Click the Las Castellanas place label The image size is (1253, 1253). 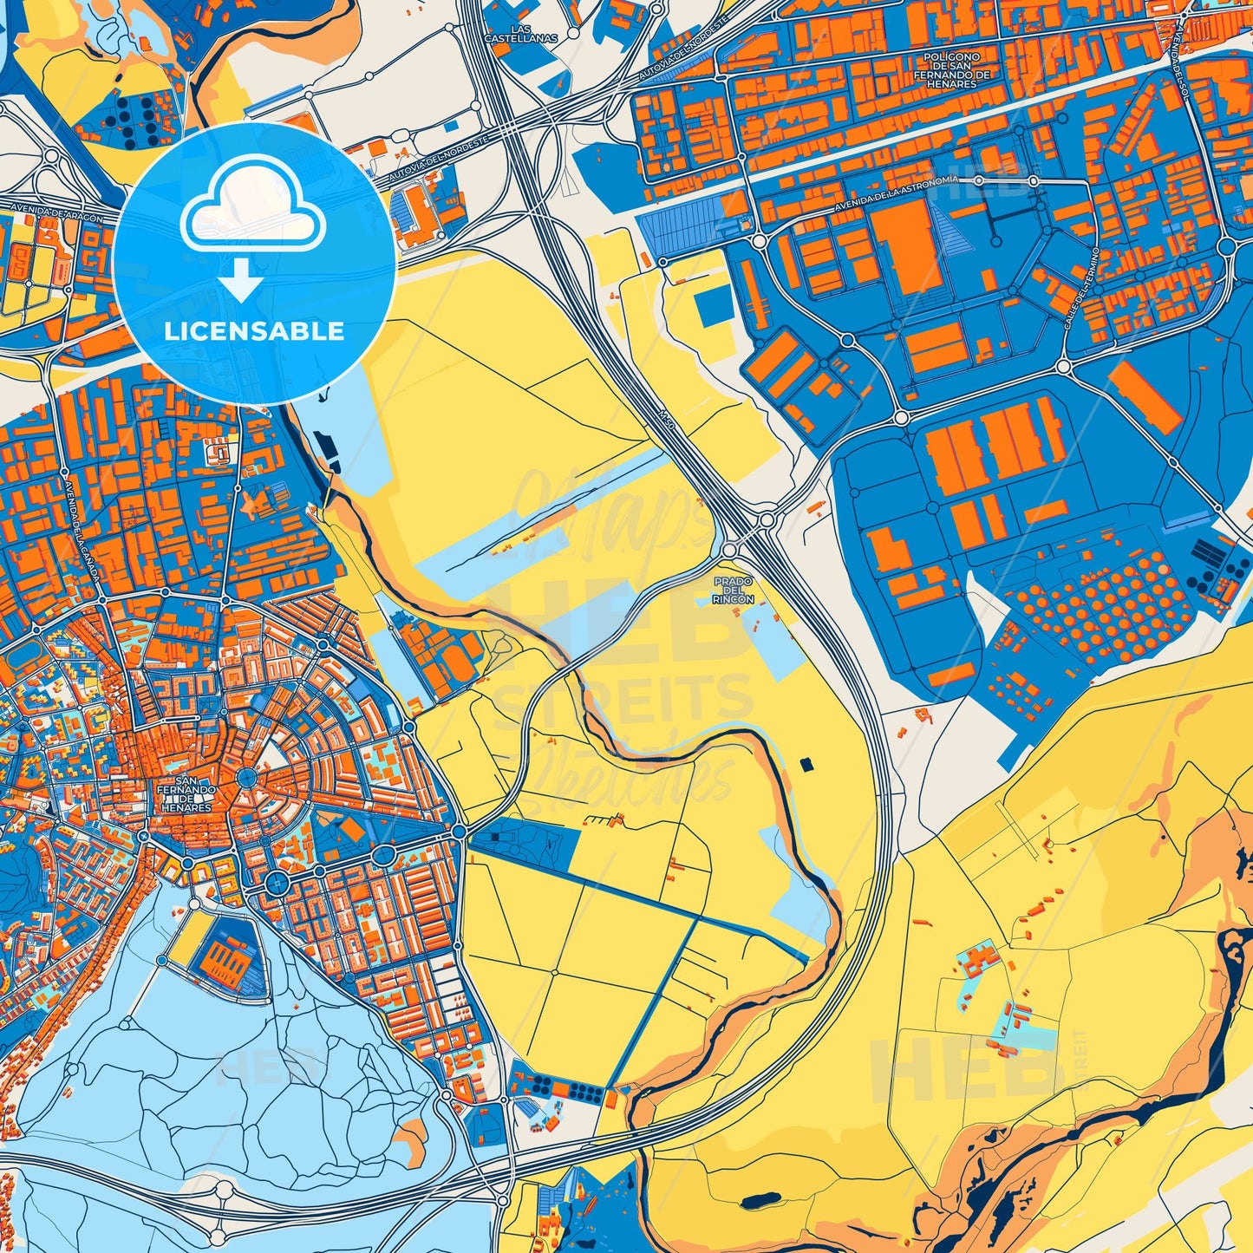[x=520, y=34]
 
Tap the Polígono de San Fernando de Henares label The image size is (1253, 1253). [x=951, y=69]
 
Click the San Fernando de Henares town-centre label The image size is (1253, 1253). [x=186, y=790]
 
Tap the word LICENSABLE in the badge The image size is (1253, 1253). [x=255, y=330]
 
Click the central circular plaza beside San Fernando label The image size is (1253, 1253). [x=247, y=778]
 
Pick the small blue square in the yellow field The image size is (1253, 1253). [x=713, y=307]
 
